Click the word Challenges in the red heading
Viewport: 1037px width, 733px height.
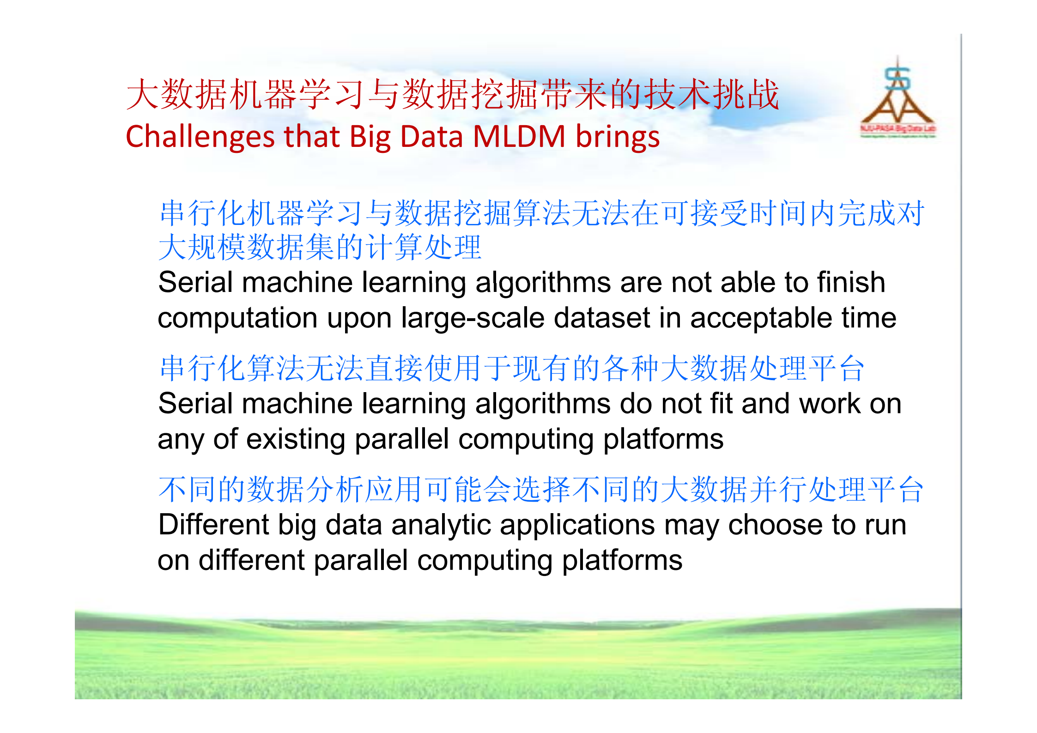pyautogui.click(x=200, y=137)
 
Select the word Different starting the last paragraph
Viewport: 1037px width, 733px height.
pyautogui.click(x=213, y=525)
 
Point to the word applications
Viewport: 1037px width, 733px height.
pyautogui.click(x=577, y=525)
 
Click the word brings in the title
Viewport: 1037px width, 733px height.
pyautogui.click(x=618, y=137)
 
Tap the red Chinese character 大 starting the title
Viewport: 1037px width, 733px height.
pyautogui.click(x=143, y=95)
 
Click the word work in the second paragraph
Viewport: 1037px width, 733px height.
pyautogui.click(x=830, y=404)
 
